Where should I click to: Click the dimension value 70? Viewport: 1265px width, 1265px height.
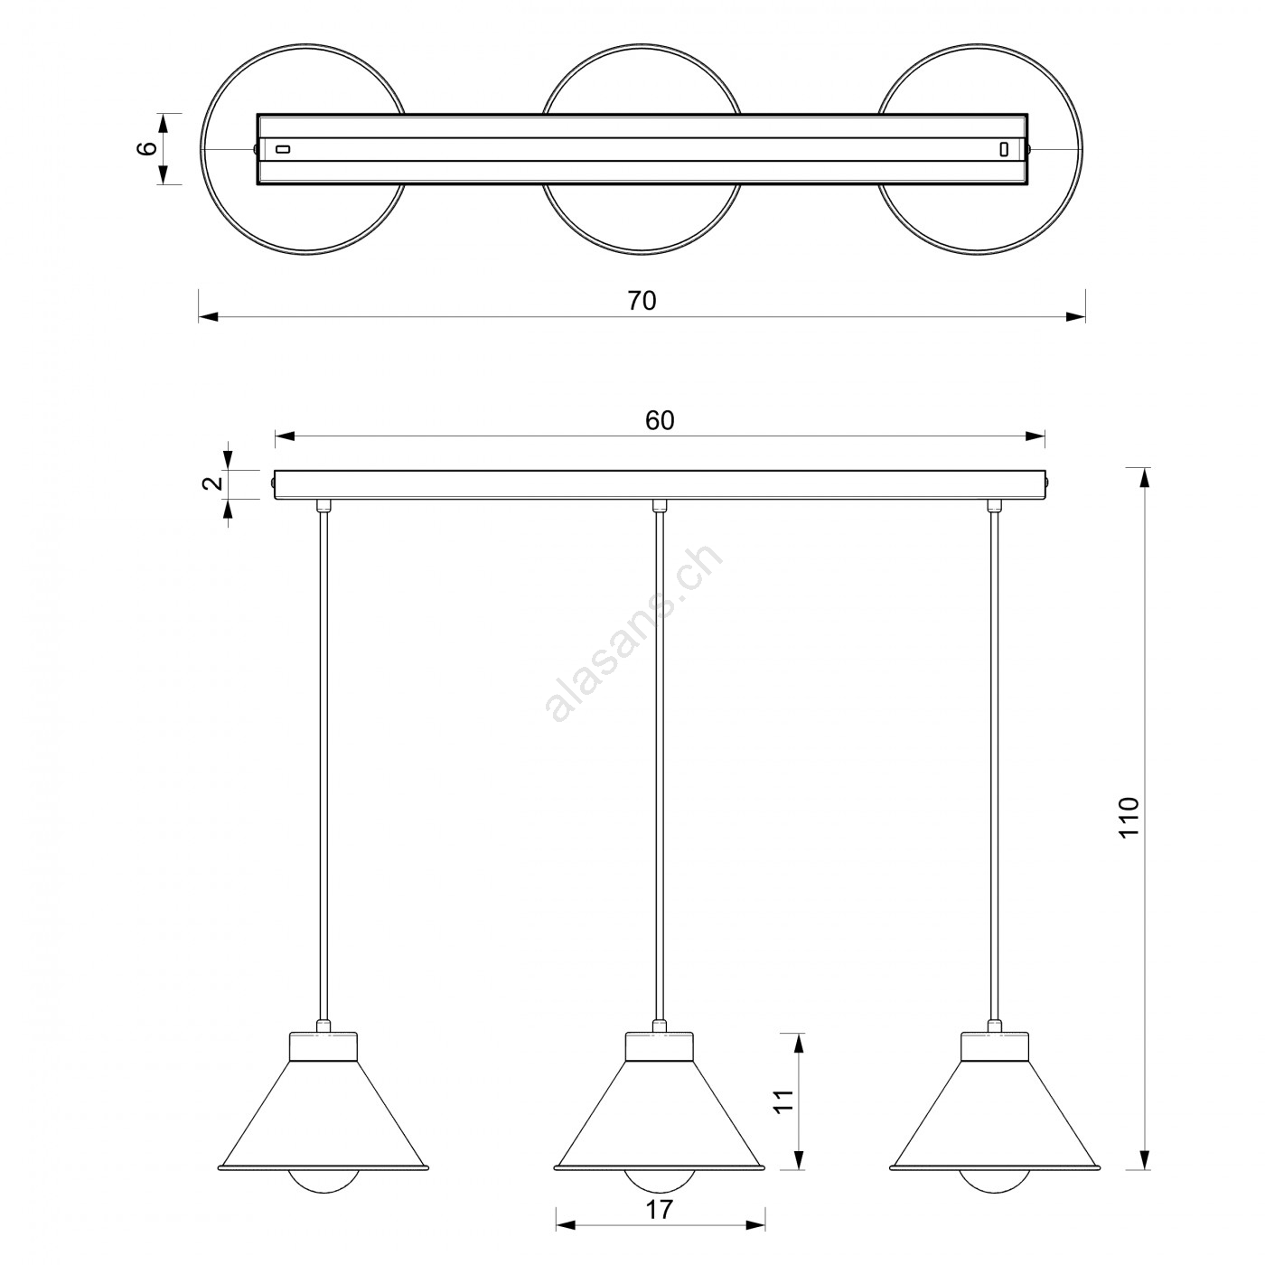(642, 301)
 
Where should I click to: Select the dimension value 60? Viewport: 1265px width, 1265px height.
(660, 421)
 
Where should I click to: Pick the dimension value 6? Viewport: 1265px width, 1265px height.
(147, 148)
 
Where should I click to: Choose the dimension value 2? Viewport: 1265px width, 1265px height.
(212, 483)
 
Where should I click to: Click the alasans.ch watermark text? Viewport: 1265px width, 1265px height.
(633, 633)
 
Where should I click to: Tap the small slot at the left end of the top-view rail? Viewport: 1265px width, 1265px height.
(282, 149)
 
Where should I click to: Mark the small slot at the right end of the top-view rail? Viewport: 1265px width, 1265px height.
(1003, 149)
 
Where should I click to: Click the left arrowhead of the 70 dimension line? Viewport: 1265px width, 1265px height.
(209, 317)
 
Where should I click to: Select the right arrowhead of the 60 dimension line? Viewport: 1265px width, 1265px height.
(1035, 436)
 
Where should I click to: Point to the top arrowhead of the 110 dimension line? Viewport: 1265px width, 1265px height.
(1144, 478)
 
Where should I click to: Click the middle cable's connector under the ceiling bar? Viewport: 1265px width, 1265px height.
(660, 505)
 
